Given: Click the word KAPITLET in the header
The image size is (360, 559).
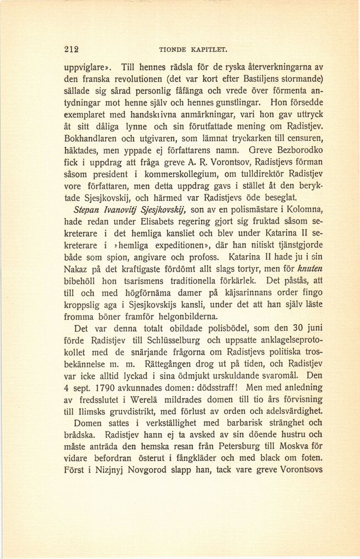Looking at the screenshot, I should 205,49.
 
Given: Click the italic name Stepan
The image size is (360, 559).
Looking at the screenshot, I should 89,210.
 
